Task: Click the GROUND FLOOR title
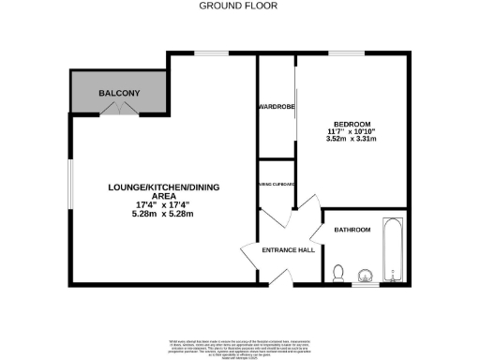(x=239, y=6)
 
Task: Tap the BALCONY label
(x=119, y=93)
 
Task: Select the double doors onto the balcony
(x=119, y=109)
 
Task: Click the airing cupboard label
(x=277, y=185)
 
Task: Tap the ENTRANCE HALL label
(x=272, y=248)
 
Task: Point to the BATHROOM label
(x=352, y=230)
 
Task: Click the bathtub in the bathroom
(x=394, y=250)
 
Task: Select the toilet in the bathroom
(x=339, y=273)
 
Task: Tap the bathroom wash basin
(x=367, y=275)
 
